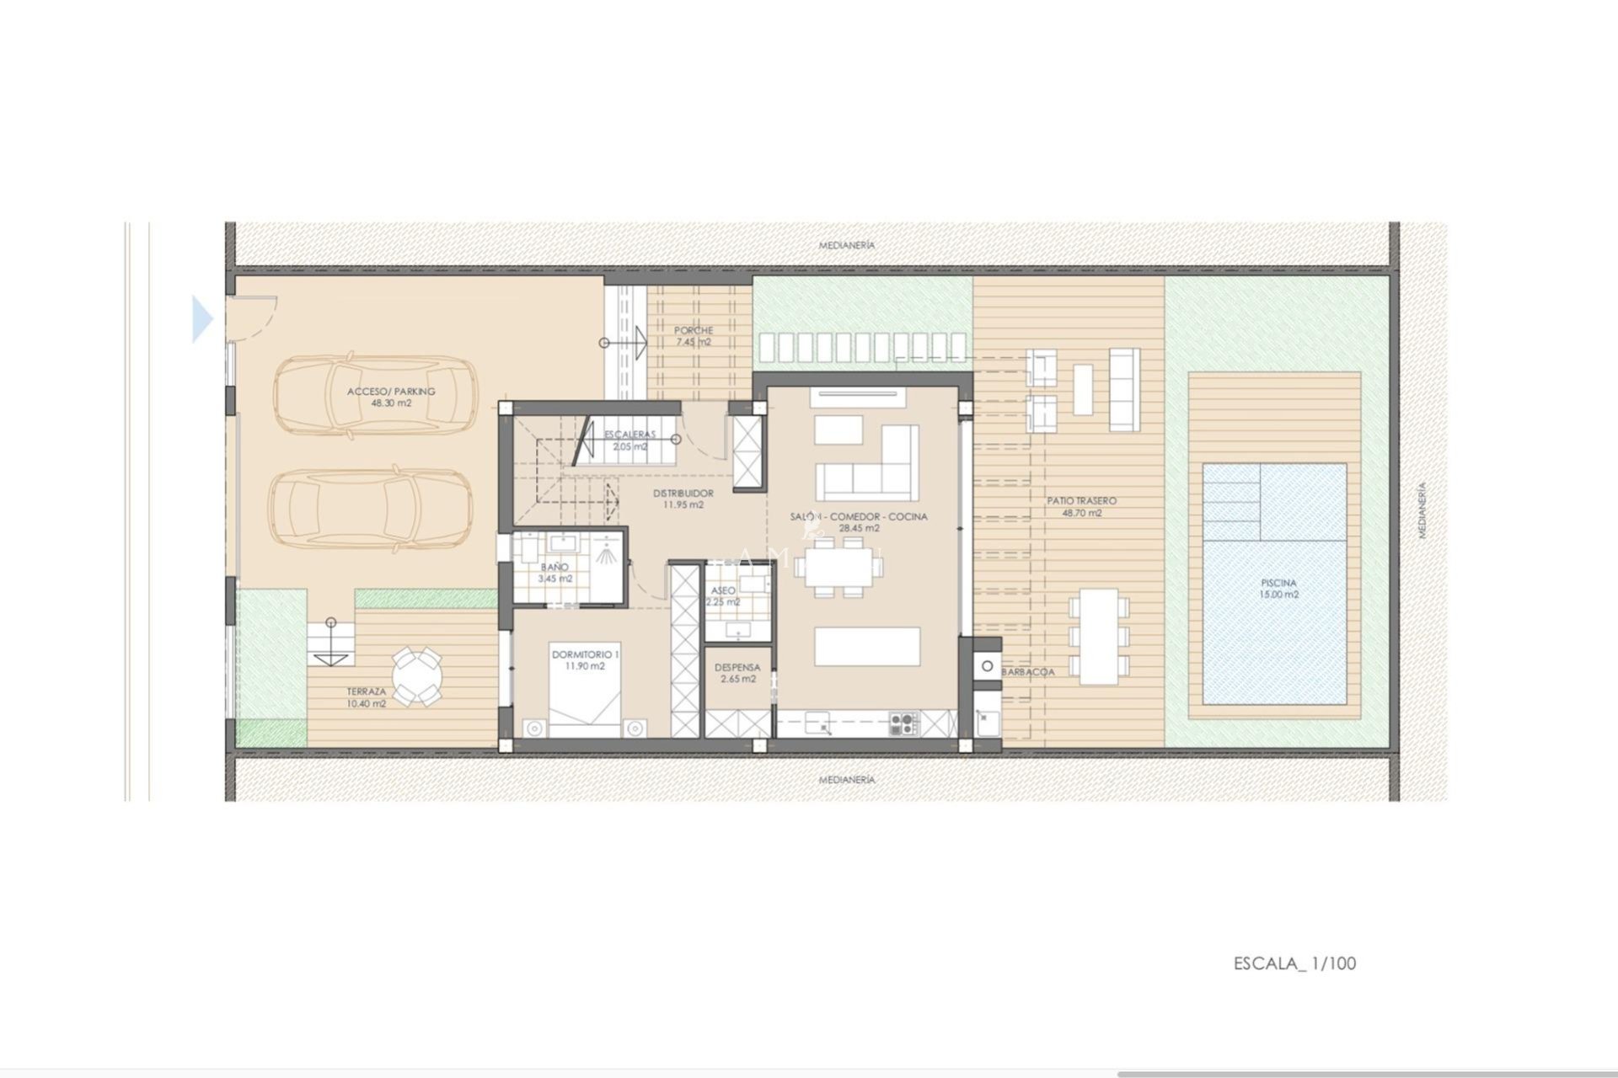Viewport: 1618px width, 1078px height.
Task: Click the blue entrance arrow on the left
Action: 202,319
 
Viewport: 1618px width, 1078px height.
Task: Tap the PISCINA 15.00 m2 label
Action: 1278,588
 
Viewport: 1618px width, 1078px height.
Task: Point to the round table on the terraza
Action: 416,675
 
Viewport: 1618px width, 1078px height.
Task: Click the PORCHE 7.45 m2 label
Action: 693,336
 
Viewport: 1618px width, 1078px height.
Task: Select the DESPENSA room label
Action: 737,673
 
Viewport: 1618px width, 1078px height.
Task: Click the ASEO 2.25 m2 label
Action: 723,595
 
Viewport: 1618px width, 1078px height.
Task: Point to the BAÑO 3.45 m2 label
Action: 555,573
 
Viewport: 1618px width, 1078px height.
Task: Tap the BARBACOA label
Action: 1028,672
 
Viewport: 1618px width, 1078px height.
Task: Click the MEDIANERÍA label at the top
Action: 847,245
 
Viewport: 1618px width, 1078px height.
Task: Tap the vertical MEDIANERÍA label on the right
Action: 1422,510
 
